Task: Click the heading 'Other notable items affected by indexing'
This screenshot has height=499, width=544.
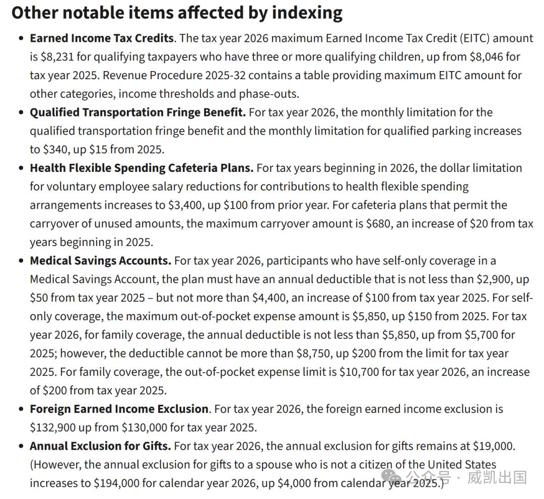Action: click(x=177, y=13)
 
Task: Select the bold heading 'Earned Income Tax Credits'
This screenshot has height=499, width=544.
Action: click(x=102, y=38)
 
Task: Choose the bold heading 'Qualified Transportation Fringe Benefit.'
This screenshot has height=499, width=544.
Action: click(x=138, y=112)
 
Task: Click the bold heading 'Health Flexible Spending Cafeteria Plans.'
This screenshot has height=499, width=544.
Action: click(x=142, y=168)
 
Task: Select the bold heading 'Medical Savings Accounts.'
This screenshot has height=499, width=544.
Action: click(x=100, y=261)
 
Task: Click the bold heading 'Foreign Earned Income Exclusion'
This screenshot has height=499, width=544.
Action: click(x=119, y=409)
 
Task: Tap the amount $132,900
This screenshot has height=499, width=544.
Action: click(x=52, y=427)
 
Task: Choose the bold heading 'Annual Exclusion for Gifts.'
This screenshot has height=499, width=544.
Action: click(x=100, y=446)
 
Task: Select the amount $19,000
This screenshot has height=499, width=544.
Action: click(x=494, y=446)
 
